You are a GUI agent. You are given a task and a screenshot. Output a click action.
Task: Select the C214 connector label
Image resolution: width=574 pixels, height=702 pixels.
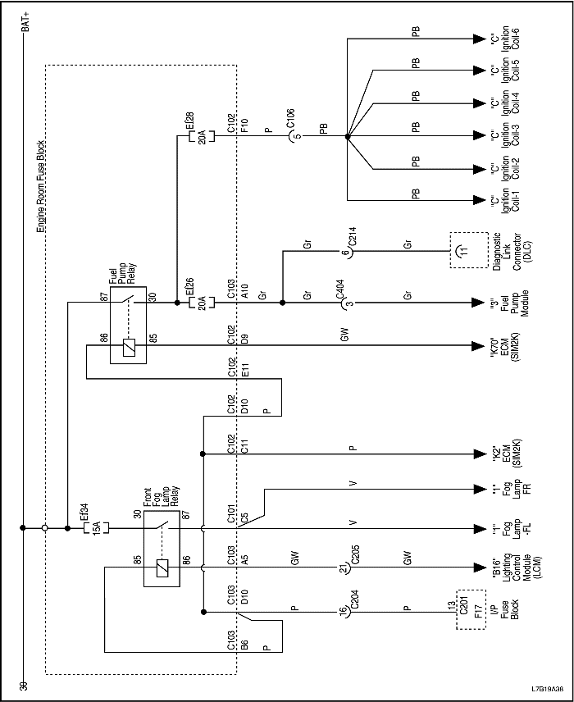tap(353, 238)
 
